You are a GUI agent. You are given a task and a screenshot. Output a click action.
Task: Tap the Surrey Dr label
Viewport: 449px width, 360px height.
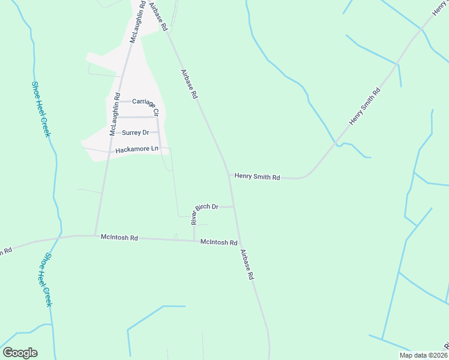(135, 132)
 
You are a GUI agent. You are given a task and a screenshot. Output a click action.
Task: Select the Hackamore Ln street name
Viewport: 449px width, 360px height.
(137, 148)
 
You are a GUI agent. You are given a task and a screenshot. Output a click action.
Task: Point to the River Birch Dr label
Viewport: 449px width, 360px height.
(203, 212)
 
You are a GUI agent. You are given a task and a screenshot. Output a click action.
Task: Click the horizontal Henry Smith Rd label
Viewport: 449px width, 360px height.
(257, 177)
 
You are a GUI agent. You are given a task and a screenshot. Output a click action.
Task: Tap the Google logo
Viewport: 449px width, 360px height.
(20, 353)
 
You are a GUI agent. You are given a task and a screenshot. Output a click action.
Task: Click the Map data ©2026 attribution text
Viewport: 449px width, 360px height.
(423, 355)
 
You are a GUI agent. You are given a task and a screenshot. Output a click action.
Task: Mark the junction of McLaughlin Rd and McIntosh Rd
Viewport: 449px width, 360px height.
(95, 235)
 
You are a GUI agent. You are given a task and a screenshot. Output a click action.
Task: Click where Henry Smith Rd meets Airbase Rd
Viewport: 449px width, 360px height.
(229, 175)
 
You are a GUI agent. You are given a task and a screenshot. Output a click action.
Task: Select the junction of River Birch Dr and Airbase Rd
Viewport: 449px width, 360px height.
(234, 207)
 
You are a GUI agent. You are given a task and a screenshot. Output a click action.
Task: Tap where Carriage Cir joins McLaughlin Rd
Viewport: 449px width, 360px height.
(118, 101)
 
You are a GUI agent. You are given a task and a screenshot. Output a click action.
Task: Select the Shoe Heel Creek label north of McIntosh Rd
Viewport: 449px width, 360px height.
(40, 109)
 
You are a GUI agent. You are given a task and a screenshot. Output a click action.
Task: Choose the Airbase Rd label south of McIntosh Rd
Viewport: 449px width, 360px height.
(247, 265)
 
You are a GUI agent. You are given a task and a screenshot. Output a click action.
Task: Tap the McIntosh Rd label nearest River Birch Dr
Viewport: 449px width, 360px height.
(218, 242)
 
